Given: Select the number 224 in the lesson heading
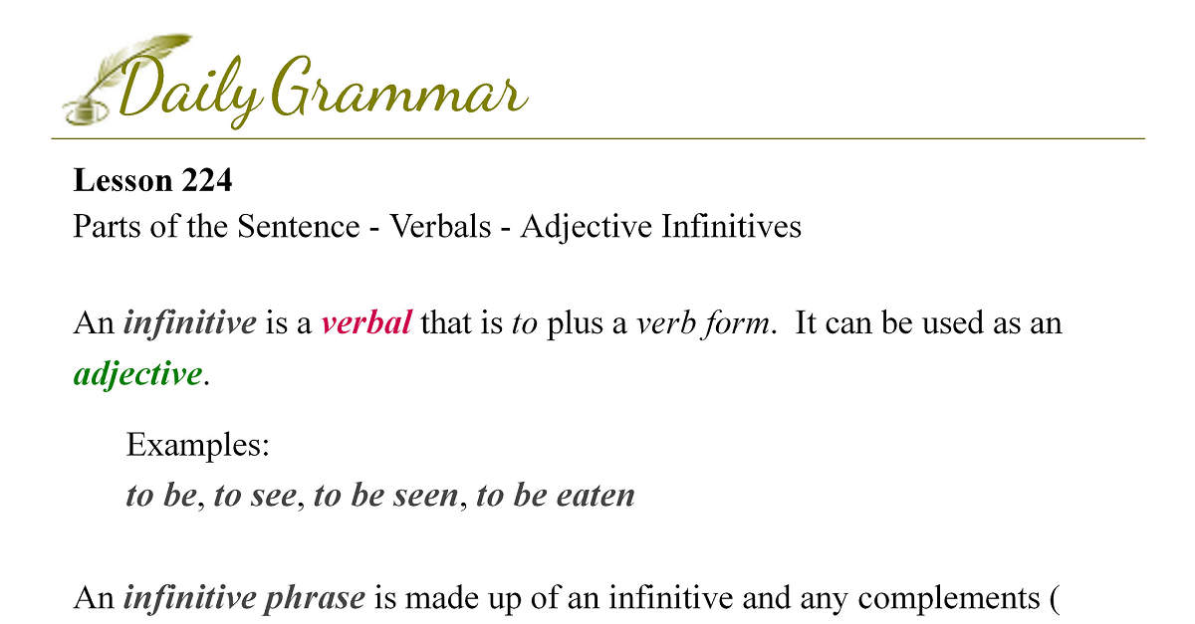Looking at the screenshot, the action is (206, 180).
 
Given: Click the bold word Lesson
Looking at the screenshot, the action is (122, 180).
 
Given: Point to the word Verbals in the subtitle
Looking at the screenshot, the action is (440, 226).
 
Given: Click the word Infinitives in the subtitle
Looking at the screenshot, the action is (731, 226).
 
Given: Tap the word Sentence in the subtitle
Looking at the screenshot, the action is (298, 226).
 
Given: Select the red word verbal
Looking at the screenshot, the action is (366, 323).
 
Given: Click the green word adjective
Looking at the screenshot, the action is (137, 374).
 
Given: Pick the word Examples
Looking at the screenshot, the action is (197, 445).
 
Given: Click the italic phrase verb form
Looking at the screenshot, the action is (703, 323).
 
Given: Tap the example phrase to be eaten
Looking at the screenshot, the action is (556, 495).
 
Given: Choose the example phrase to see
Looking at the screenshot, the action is (255, 496).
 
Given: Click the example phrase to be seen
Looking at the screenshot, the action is (385, 496).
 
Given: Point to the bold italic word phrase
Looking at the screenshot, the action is (315, 598).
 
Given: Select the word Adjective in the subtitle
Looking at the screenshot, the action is (586, 227).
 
